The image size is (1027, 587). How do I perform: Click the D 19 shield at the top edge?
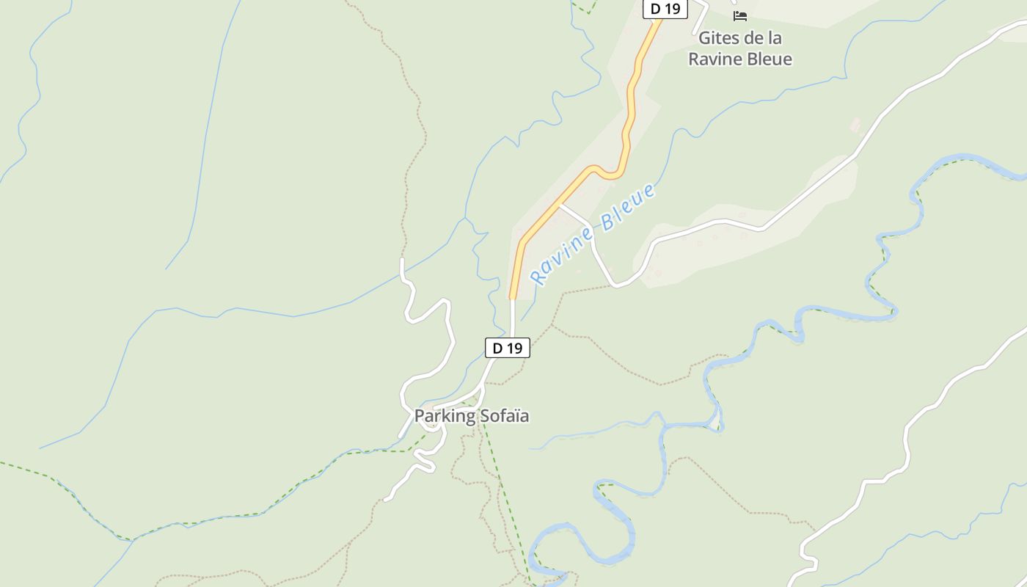coord(665,9)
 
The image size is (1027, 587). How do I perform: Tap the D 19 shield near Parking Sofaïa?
coord(507,348)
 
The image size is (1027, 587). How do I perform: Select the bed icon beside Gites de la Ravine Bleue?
coord(740,15)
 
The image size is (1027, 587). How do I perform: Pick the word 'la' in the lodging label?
coord(775,38)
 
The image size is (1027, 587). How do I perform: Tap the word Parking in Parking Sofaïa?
coord(445,416)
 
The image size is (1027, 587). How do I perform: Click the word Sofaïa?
coord(504,416)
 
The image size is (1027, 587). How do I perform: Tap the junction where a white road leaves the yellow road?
coord(560,205)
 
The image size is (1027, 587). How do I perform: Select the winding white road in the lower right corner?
coord(910,426)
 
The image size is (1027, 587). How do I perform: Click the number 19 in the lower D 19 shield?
coord(513,348)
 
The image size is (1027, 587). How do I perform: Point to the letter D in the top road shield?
coord(656,9)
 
